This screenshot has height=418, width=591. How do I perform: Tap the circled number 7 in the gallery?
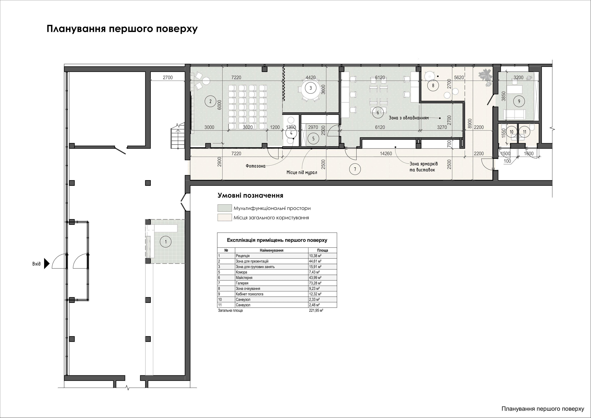coord(355,169)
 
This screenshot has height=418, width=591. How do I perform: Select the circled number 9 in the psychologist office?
coord(519,101)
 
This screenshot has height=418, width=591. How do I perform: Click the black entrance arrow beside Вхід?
coord(47,264)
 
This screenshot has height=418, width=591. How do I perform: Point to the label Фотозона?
coord(255,166)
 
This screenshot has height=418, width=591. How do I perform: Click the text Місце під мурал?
coord(302,172)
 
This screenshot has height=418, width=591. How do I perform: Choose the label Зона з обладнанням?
coord(409,118)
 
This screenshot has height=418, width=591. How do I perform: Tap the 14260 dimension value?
coord(386,154)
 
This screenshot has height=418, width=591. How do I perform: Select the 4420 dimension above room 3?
coord(311,77)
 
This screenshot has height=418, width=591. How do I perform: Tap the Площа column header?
coord(322,250)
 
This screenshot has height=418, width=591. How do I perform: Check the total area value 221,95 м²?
coord(316,310)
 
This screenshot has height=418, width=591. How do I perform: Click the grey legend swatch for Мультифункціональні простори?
coord(224,208)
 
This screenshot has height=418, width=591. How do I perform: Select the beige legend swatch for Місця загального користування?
coord(224,217)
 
